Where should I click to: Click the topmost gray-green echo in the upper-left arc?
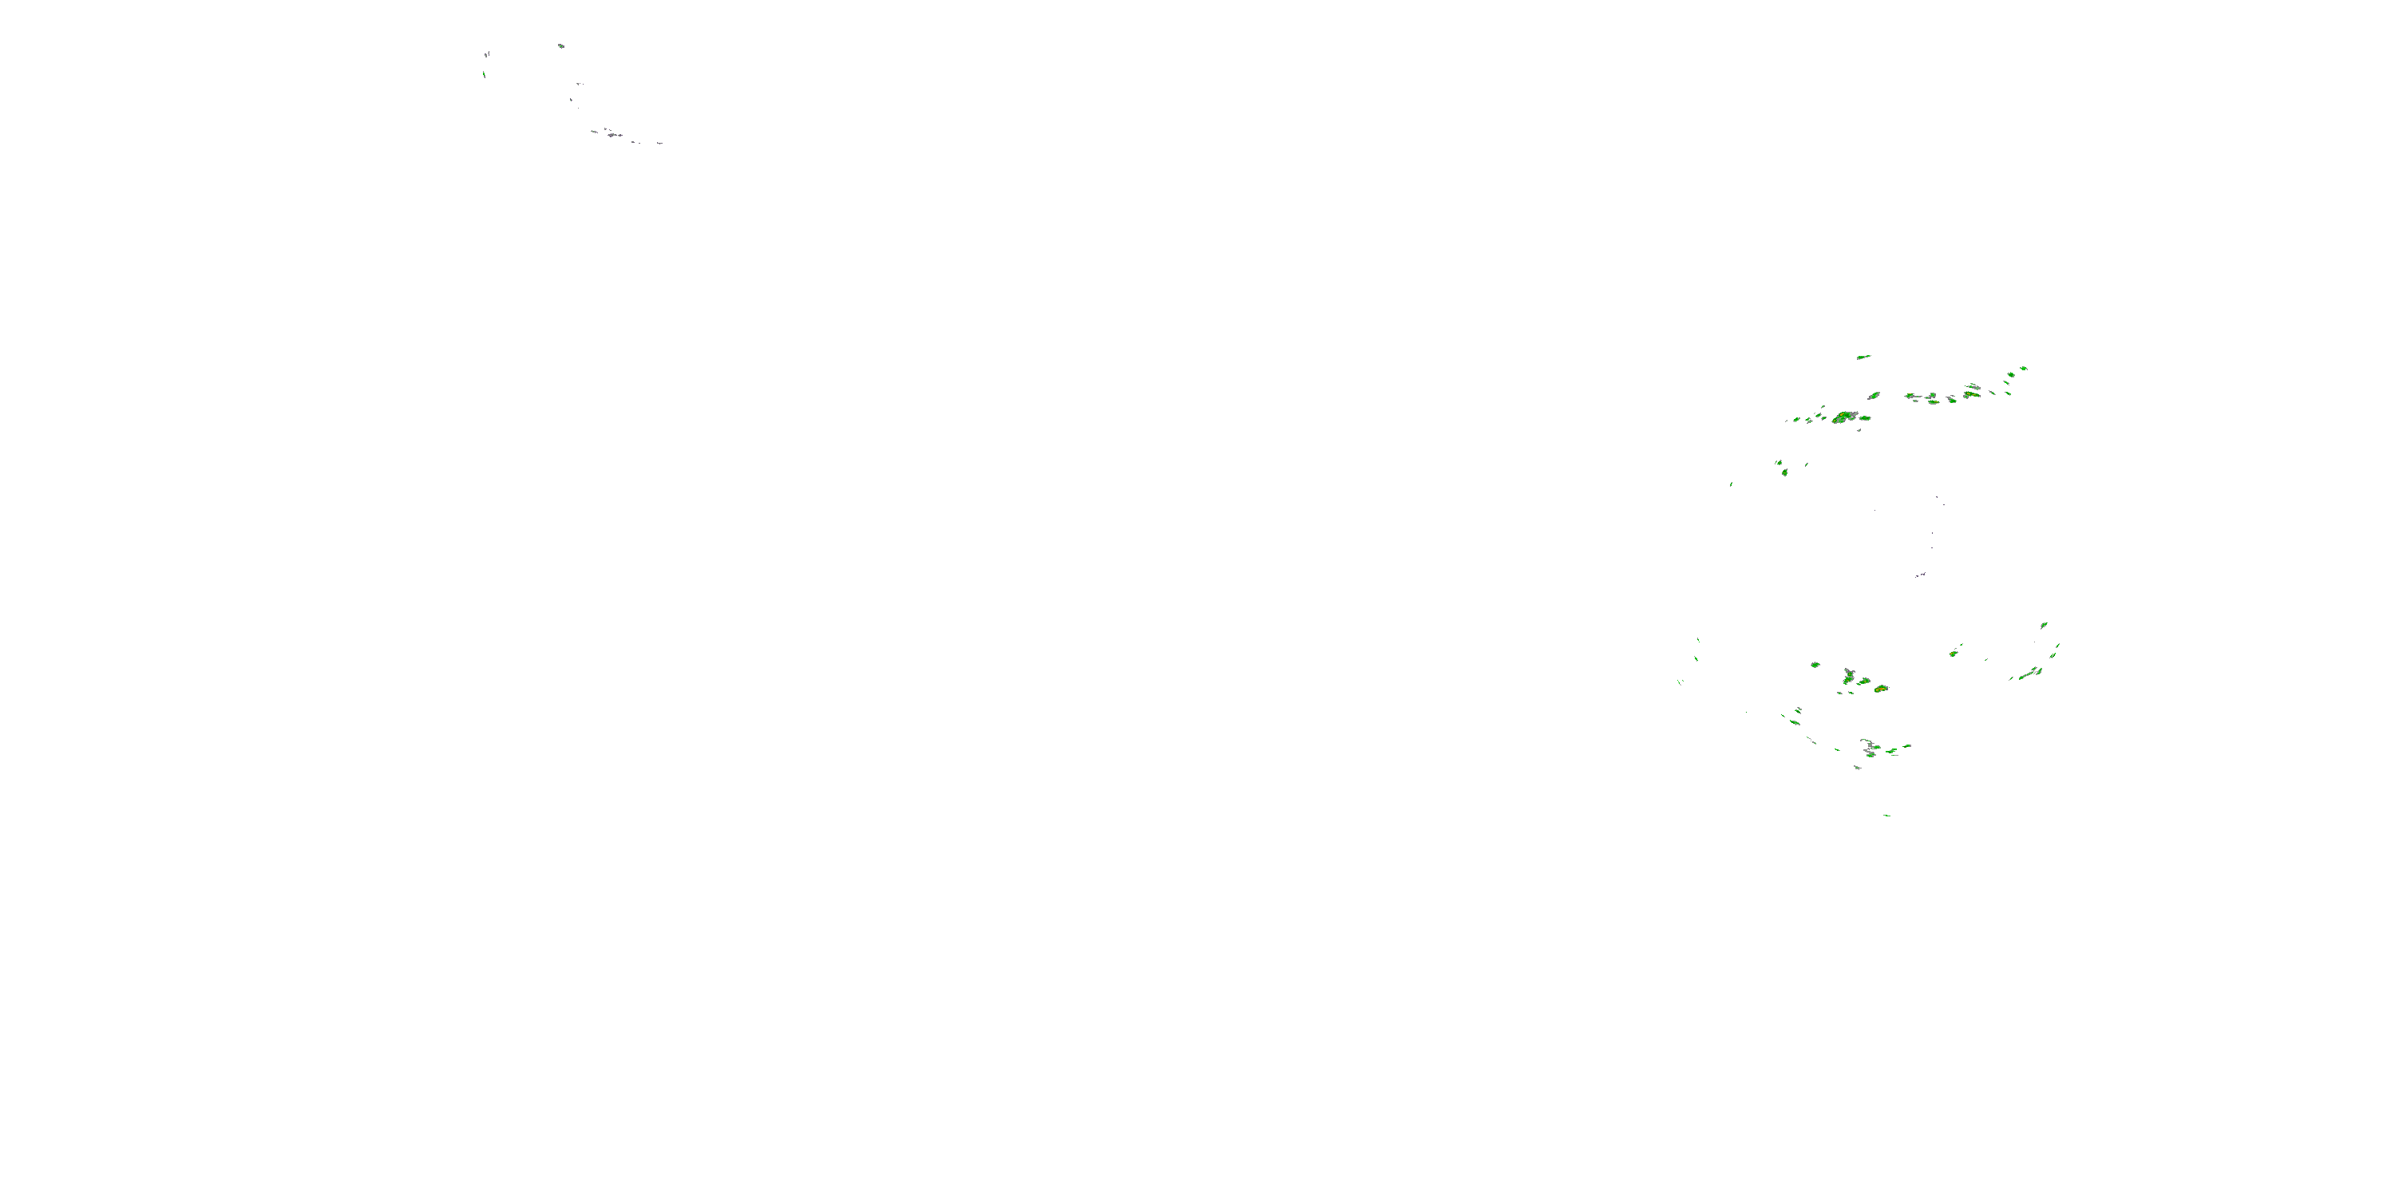(560, 45)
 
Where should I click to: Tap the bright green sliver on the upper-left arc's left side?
(485, 73)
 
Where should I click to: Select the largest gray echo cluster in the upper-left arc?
(611, 135)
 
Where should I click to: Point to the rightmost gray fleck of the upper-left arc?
(659, 143)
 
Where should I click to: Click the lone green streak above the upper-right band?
(1863, 357)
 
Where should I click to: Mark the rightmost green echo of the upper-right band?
(2024, 369)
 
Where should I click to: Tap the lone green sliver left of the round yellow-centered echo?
(1730, 484)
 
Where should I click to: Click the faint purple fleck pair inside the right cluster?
(1921, 575)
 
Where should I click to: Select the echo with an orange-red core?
(1881, 689)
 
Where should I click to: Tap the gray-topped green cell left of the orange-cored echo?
(1851, 677)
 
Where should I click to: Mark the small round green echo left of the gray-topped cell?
(1815, 666)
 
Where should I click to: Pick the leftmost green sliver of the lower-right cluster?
(1680, 682)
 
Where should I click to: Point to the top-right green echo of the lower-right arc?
(2044, 626)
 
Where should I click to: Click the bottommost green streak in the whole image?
(1886, 815)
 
